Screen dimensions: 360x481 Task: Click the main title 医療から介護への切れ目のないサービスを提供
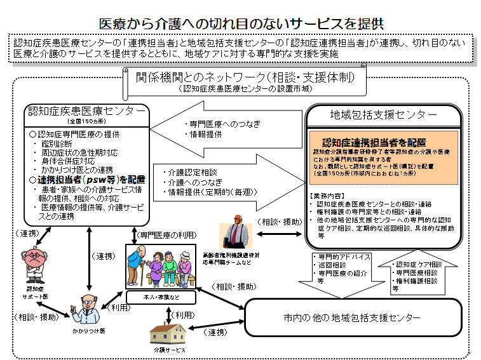pyautogui.click(x=241, y=23)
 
